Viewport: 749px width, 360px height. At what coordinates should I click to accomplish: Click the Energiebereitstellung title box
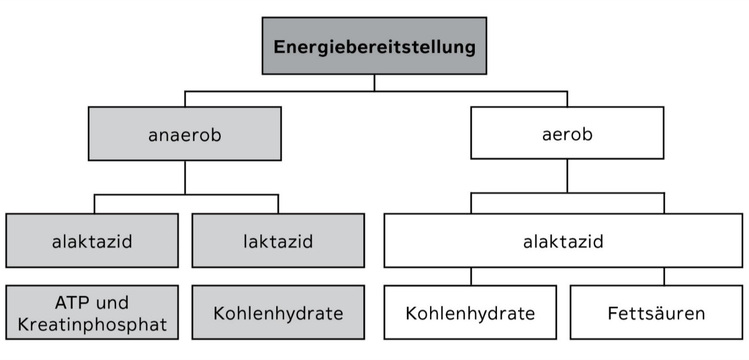tap(374, 46)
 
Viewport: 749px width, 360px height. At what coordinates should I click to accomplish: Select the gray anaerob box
tap(185, 134)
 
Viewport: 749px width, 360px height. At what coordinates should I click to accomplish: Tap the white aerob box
tap(567, 133)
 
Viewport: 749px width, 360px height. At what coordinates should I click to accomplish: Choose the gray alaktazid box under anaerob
tap(92, 241)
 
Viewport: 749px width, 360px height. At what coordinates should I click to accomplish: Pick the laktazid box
tap(278, 241)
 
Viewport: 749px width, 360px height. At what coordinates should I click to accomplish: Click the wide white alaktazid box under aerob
tap(563, 241)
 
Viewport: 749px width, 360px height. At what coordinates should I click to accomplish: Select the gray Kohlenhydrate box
tap(278, 313)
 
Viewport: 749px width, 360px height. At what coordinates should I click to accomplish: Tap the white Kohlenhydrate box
tap(471, 313)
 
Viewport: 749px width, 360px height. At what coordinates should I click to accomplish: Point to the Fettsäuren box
tap(656, 313)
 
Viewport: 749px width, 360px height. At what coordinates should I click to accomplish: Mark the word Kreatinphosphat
tap(92, 324)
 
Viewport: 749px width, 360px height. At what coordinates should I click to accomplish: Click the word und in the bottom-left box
tap(112, 303)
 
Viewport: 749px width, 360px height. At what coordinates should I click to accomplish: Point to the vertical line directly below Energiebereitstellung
tap(374, 83)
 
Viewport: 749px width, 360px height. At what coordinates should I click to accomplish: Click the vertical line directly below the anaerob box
tap(185, 178)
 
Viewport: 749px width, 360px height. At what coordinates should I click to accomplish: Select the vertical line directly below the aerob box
tap(567, 176)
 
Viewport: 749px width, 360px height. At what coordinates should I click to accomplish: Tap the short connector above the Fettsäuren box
tap(664, 276)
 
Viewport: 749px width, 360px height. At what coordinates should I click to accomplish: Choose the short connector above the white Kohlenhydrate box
tap(471, 276)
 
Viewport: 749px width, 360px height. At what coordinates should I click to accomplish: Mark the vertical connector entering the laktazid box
tap(278, 204)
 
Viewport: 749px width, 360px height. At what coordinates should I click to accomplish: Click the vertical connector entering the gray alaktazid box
tap(94, 204)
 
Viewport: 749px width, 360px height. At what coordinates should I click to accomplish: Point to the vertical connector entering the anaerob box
tap(185, 99)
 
